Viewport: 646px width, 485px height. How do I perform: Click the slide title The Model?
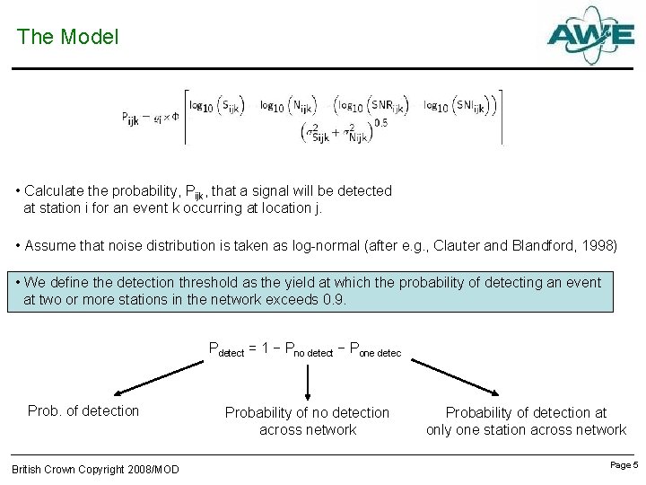pos(67,37)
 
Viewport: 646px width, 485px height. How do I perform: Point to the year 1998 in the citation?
pos(599,245)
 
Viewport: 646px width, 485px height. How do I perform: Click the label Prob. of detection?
pos(83,411)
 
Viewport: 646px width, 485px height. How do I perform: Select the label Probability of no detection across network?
pos(307,421)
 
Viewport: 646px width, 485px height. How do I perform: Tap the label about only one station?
pos(526,421)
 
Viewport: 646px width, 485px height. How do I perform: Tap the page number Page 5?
pos(624,465)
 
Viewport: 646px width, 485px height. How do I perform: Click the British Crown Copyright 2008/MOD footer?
pos(95,470)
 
